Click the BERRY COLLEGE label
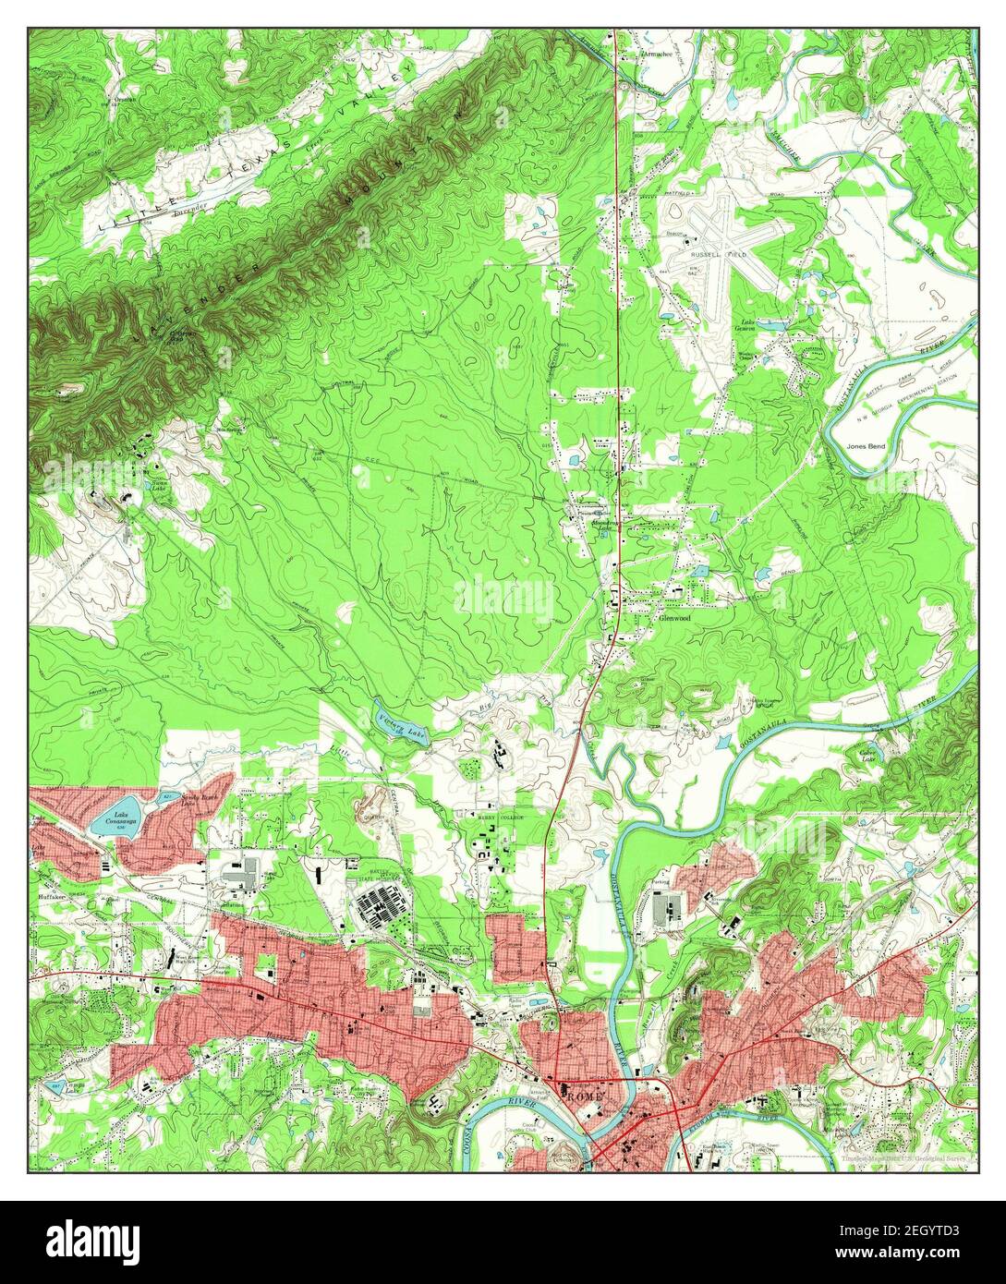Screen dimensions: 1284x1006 coord(500,818)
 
